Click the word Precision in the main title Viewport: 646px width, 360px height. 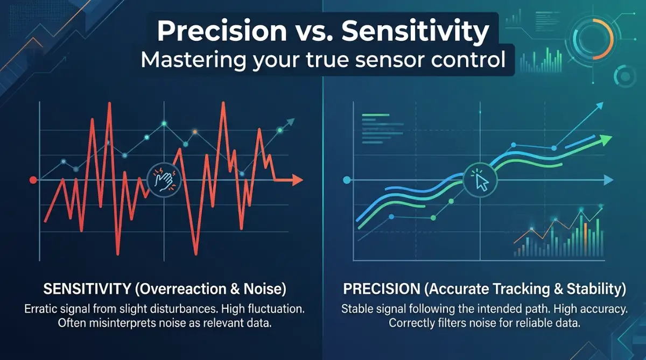[x=221, y=31]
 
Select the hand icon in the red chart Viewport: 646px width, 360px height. [x=164, y=180]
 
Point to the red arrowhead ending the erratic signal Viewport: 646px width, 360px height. [x=297, y=180]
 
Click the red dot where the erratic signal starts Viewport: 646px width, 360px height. [x=33, y=180]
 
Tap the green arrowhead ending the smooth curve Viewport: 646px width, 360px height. [x=607, y=140]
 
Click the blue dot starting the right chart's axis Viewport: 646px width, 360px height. [x=347, y=180]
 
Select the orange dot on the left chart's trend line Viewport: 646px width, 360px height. [x=195, y=132]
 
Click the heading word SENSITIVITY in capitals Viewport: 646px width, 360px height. [x=87, y=289]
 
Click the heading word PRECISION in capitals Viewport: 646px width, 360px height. [x=382, y=289]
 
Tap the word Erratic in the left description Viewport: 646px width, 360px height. [x=42, y=309]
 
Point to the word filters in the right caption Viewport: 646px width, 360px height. [x=452, y=323]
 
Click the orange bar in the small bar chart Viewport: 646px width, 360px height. [x=586, y=239]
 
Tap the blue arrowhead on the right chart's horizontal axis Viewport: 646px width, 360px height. [x=608, y=180]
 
